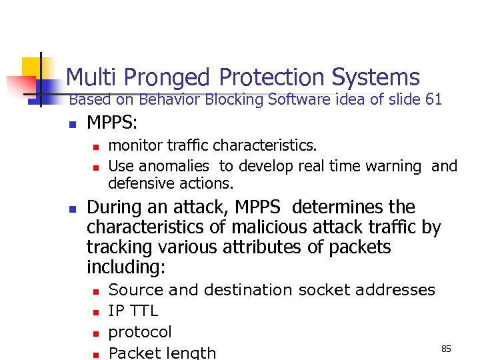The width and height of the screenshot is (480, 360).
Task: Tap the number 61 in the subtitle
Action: tap(433, 100)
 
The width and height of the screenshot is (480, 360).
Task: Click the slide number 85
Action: tap(447, 349)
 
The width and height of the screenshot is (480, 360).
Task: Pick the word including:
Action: tap(125, 267)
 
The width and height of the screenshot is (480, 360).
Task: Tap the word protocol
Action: tap(140, 332)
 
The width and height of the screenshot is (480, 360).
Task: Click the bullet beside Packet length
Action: tap(95, 354)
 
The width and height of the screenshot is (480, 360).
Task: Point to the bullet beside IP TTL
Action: tap(95, 311)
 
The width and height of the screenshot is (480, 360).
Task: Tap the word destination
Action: tap(248, 290)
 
